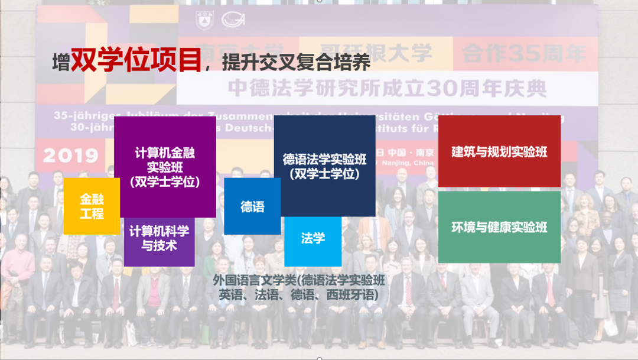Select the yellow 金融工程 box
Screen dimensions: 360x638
(92, 206)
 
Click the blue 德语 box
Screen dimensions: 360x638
(252, 206)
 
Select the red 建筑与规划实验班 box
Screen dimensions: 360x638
(499, 151)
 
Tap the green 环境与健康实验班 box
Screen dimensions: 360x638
(499, 227)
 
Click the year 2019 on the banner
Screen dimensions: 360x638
(70, 155)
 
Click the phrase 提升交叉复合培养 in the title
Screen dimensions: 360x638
(297, 61)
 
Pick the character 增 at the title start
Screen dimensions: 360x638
(60, 63)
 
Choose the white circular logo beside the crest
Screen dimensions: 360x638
(233, 20)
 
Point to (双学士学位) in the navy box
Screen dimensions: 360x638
(324, 174)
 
